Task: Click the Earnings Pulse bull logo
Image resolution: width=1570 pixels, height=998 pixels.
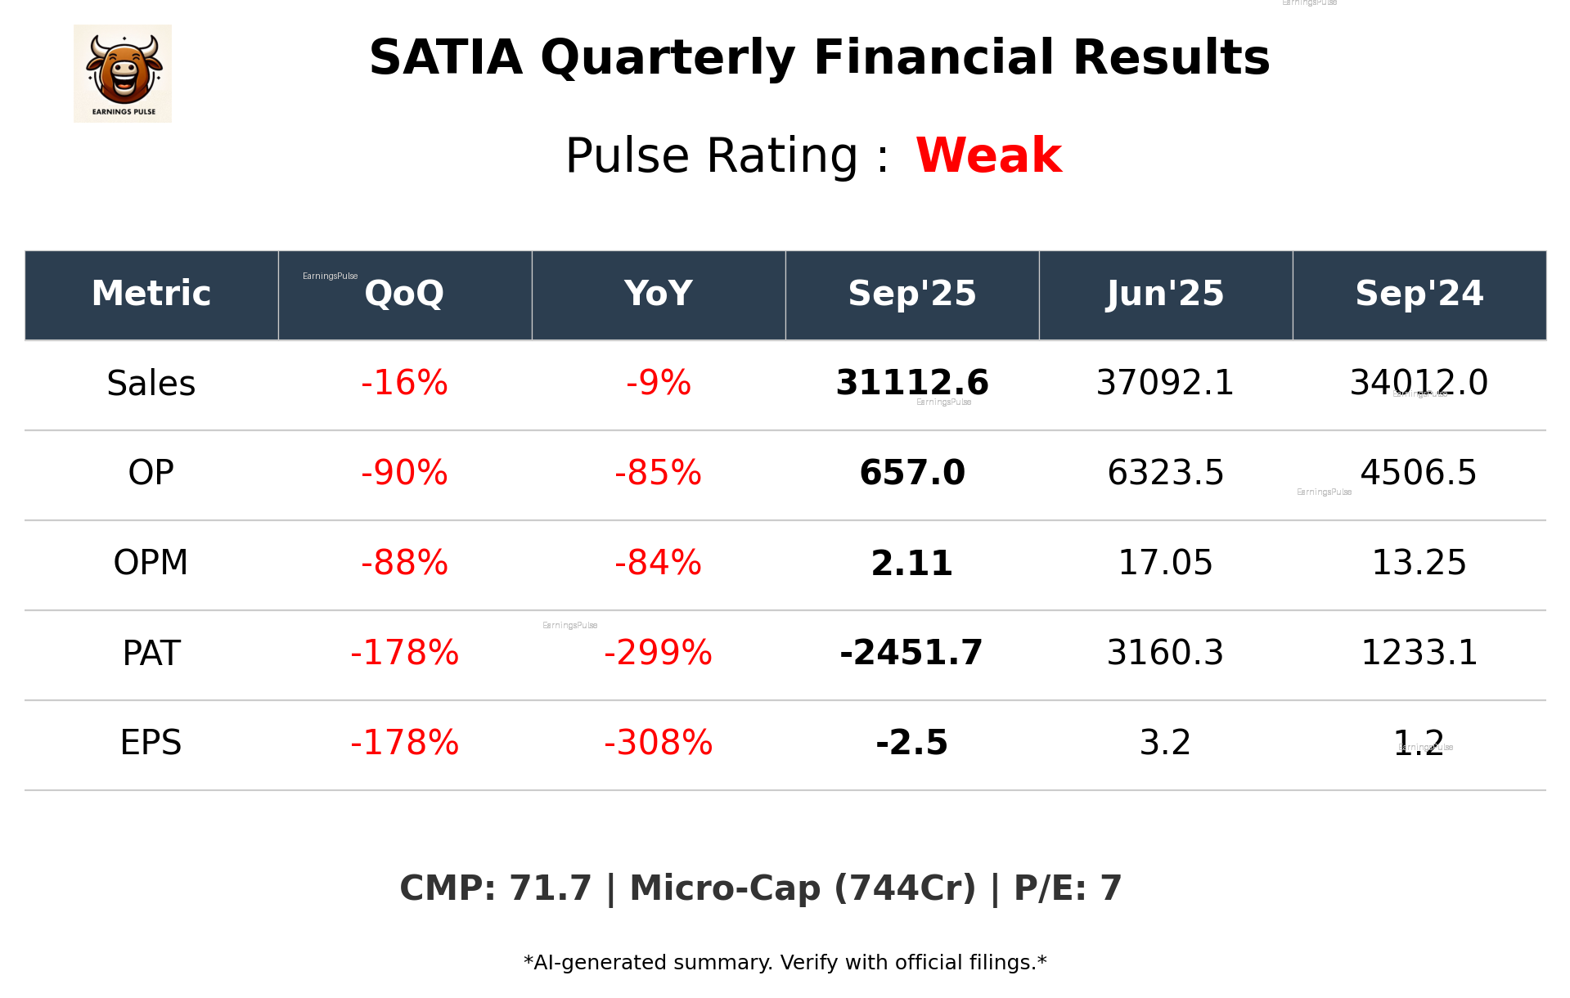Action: (x=123, y=74)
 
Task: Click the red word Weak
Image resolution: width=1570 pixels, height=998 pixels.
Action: (x=988, y=155)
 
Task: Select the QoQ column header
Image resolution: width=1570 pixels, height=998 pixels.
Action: (x=404, y=294)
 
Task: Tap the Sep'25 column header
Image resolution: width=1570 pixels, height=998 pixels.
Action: (x=911, y=294)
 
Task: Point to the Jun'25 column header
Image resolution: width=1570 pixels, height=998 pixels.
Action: (x=1165, y=294)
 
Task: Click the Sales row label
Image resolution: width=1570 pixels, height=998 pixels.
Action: (x=151, y=384)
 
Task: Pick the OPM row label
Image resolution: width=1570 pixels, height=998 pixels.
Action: (x=151, y=563)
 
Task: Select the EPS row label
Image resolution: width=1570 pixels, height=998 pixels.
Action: (x=151, y=743)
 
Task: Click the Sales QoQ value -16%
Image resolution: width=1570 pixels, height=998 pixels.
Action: (x=404, y=384)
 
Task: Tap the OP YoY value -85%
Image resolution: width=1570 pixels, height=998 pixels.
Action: (x=658, y=473)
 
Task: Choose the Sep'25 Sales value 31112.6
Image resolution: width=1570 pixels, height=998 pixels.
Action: (x=911, y=383)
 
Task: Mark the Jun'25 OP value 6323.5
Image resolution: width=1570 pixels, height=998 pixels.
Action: (x=1165, y=473)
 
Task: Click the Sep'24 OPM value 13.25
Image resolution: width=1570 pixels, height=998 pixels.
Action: (x=1419, y=563)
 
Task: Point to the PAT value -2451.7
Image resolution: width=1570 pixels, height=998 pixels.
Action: (x=911, y=653)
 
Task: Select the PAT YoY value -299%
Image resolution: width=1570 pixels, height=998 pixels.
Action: (x=658, y=653)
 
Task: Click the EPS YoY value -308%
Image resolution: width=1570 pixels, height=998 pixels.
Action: (x=658, y=743)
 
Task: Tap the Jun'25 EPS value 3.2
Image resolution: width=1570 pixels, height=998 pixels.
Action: (x=1165, y=743)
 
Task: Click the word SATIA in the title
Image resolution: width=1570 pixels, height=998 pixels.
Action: (x=446, y=58)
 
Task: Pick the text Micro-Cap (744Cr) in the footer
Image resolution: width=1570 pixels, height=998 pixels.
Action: (x=803, y=888)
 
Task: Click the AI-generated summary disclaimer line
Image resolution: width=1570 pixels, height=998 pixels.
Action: (x=785, y=963)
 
